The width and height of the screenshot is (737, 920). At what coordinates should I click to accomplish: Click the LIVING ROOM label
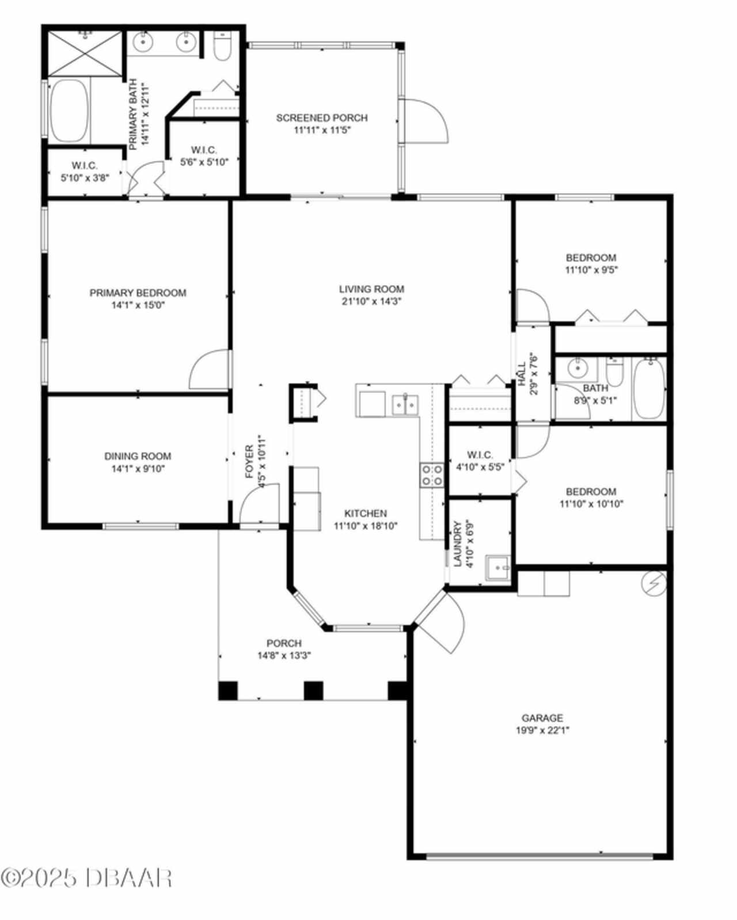coord(371,289)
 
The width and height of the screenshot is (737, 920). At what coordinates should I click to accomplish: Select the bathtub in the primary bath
coord(69,111)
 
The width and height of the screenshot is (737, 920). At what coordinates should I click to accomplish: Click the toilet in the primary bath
coord(222,46)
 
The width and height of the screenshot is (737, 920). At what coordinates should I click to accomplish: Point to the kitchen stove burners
coord(432,475)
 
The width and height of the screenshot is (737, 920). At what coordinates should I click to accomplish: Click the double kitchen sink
coord(405,405)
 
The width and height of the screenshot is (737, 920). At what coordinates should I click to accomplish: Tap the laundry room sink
coord(497,568)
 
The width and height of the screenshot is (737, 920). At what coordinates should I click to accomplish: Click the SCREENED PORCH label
coord(321,117)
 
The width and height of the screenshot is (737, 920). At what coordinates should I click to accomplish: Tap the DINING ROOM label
coord(138,456)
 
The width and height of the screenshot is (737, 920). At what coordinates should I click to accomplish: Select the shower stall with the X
coord(85,54)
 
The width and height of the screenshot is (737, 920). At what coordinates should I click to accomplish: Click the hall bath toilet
coord(615,370)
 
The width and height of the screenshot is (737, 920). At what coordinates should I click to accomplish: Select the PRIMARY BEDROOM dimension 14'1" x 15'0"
coord(138,305)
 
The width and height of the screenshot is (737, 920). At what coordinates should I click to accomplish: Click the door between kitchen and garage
coord(442,618)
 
